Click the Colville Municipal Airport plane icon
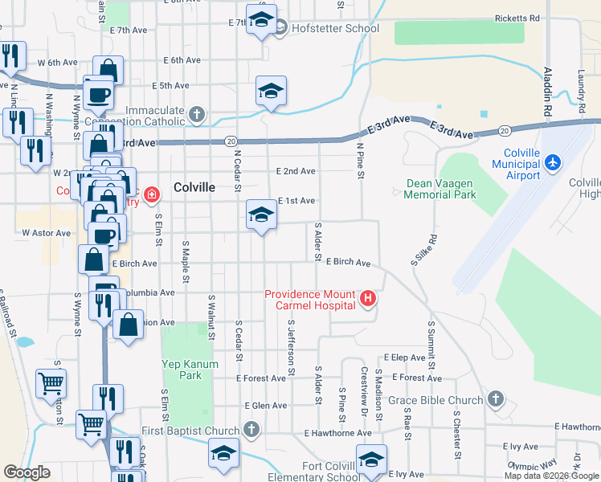click(x=552, y=162)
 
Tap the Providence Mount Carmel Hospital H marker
click(x=368, y=300)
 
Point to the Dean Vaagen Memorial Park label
click(x=441, y=188)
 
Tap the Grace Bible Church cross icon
click(x=496, y=398)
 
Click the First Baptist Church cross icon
click(x=251, y=430)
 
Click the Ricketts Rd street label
click(x=517, y=18)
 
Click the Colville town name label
click(x=194, y=186)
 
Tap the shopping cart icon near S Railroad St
click(x=51, y=383)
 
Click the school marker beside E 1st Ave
click(x=260, y=214)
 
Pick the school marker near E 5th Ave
click(x=271, y=91)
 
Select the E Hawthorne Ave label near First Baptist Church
click(x=337, y=433)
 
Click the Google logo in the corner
click(x=27, y=472)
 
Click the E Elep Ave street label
click(x=404, y=357)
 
